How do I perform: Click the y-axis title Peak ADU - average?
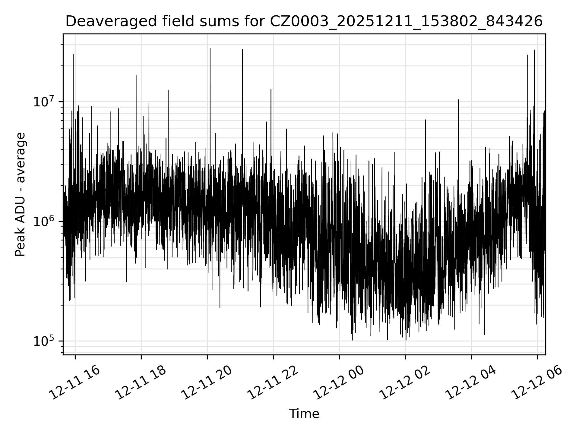click(21, 194)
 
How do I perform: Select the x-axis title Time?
click(304, 414)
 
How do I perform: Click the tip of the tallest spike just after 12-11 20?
click(210, 49)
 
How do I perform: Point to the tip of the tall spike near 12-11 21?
click(242, 49)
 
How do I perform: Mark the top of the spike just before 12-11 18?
click(136, 75)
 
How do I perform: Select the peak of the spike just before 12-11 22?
click(271, 90)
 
